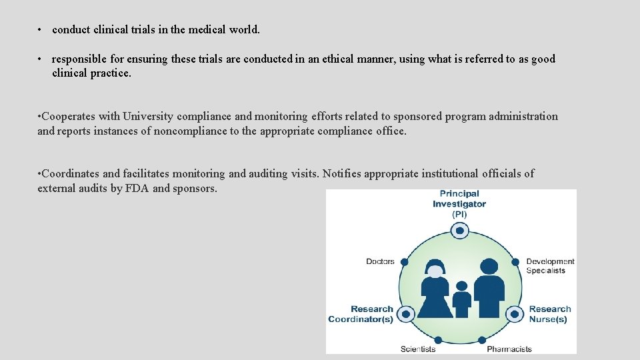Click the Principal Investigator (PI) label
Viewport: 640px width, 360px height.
click(x=459, y=204)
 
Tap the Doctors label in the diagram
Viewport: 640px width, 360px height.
click(x=380, y=261)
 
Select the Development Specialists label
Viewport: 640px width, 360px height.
click(x=549, y=266)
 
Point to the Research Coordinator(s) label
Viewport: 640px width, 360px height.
click(x=361, y=314)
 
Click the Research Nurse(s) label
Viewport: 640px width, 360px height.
click(x=549, y=314)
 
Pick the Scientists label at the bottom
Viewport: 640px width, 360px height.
click(x=418, y=349)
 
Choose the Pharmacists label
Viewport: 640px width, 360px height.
click(x=509, y=349)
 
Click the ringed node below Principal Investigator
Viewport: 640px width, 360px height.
click(x=459, y=231)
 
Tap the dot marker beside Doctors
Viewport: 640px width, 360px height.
click(x=404, y=262)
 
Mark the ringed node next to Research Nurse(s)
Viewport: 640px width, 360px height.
click(x=513, y=313)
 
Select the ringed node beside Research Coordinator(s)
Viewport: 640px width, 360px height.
click(x=406, y=313)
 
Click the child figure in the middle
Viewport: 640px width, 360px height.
click(x=461, y=299)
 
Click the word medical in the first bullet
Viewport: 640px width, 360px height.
click(x=209, y=30)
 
